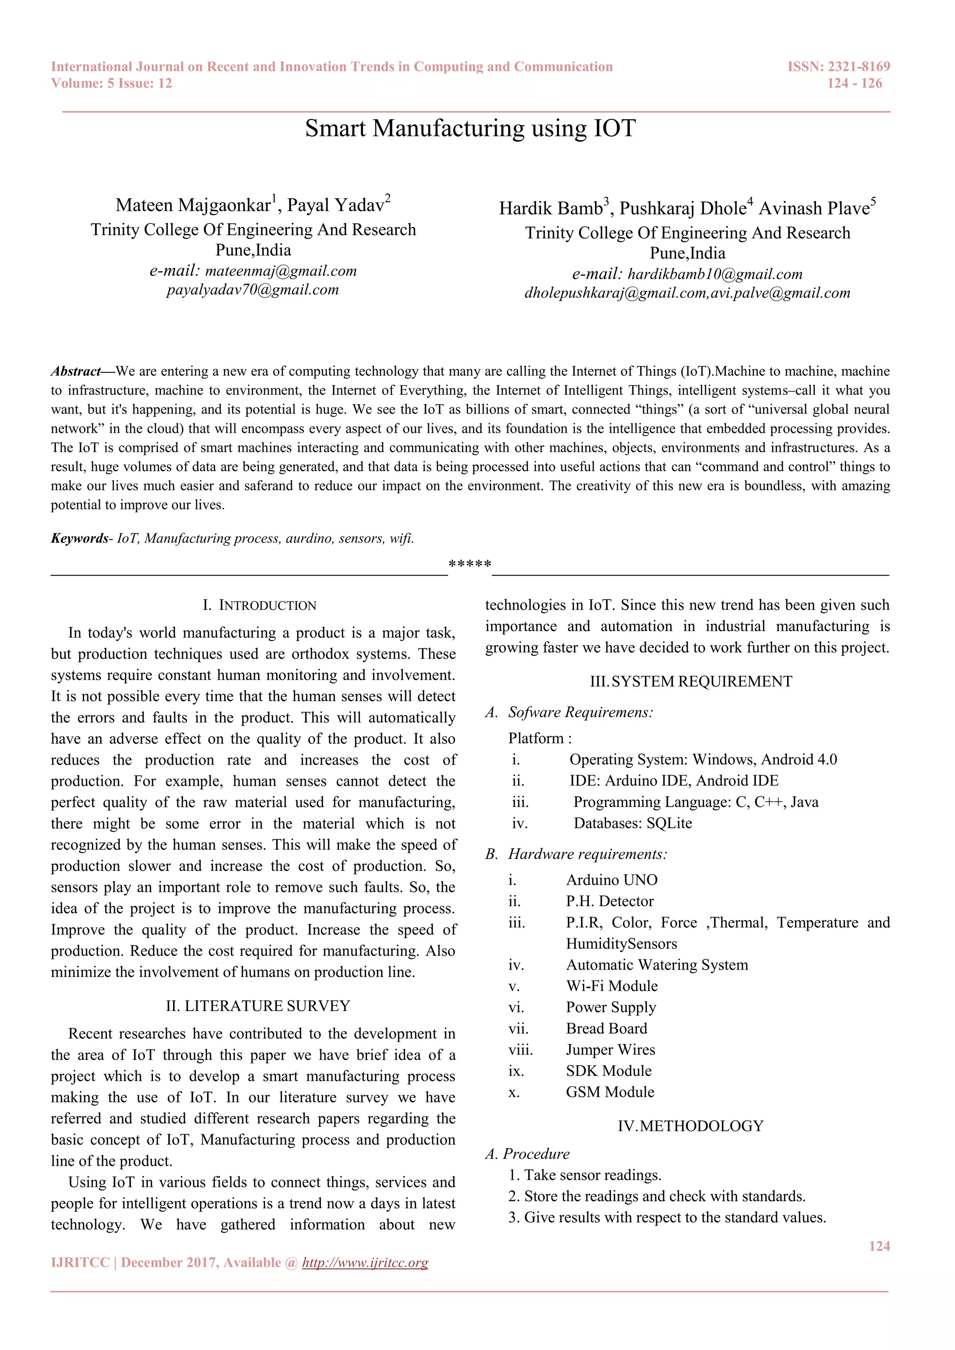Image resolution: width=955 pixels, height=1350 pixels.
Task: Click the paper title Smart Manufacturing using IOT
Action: pyautogui.click(x=470, y=129)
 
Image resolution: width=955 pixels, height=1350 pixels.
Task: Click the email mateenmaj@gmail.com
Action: pyautogui.click(x=281, y=271)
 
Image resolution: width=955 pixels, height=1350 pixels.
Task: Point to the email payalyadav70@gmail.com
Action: pyautogui.click(x=252, y=290)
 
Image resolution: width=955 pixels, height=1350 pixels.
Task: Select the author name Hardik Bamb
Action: pyautogui.click(x=551, y=208)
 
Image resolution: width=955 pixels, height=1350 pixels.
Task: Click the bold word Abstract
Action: pyautogui.click(x=75, y=371)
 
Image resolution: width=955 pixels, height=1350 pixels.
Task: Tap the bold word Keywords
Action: pyautogui.click(x=79, y=538)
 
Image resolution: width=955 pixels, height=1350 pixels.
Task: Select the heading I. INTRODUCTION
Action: pyautogui.click(x=259, y=605)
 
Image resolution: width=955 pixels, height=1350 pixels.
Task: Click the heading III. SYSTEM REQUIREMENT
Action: pyautogui.click(x=691, y=682)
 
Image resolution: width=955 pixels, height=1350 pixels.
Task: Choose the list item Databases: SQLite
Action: pyautogui.click(x=632, y=823)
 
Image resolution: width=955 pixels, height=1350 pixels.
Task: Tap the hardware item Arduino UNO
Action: pyautogui.click(x=612, y=880)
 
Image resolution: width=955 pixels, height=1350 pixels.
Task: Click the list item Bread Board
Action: pyautogui.click(x=606, y=1028)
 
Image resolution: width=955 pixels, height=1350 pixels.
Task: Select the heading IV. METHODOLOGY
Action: pyautogui.click(x=691, y=1126)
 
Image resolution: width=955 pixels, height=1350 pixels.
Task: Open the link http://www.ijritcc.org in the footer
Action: pyautogui.click(x=365, y=1262)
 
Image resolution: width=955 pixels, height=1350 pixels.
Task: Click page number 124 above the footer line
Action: pyautogui.click(x=879, y=1246)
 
